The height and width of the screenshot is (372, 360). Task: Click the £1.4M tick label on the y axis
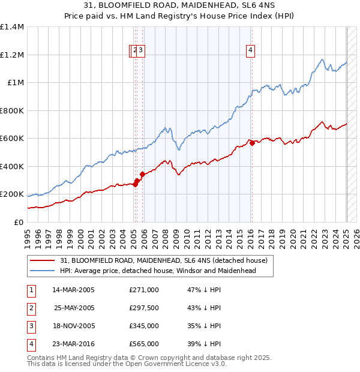tap(12, 27)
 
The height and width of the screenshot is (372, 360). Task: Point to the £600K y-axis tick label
tap(12, 139)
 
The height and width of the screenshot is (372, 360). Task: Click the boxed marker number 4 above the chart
tap(250, 51)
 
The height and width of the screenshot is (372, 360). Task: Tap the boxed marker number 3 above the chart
tap(140, 51)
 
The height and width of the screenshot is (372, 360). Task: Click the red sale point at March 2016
tap(253, 143)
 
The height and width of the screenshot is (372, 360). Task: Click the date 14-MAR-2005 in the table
tap(73, 290)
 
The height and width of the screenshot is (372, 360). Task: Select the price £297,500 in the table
tap(144, 308)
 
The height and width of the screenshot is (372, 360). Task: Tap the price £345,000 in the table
tap(144, 326)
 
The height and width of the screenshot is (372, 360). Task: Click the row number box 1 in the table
tap(30, 290)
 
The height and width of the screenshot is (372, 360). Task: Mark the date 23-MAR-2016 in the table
tap(73, 344)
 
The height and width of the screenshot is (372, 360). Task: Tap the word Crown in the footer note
tap(148, 358)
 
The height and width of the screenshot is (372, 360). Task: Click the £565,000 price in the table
tap(144, 344)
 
